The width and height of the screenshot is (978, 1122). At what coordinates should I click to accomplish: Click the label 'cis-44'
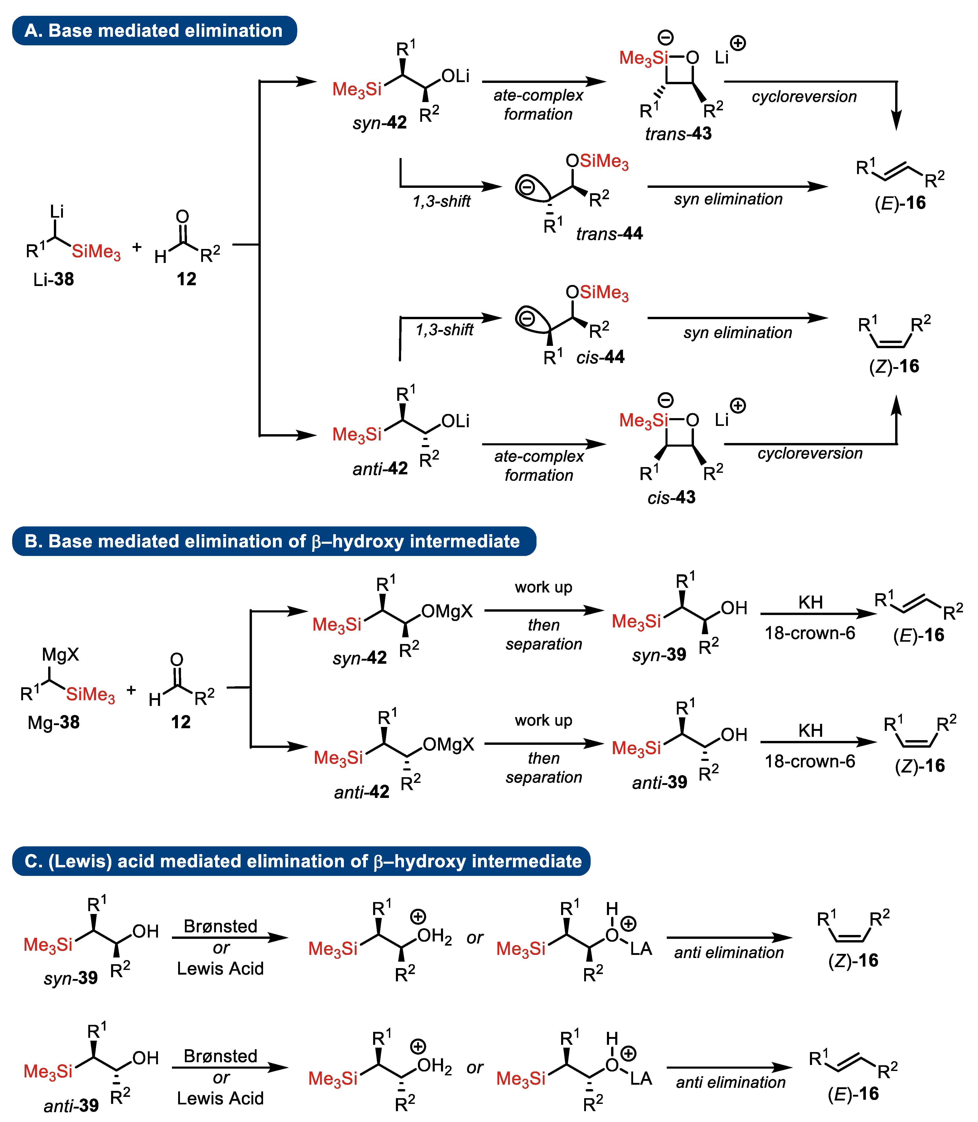tap(600, 357)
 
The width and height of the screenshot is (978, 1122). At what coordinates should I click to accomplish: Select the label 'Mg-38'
tap(54, 722)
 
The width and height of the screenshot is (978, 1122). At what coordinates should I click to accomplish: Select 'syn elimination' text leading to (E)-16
tap(728, 199)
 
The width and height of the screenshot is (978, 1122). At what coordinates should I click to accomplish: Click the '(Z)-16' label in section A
tap(894, 366)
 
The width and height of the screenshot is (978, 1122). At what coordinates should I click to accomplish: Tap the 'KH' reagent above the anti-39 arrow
tap(810, 731)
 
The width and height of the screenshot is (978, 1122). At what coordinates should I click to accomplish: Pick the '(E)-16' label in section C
tap(853, 1094)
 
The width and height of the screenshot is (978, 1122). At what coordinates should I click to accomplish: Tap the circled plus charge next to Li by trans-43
tap(738, 42)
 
